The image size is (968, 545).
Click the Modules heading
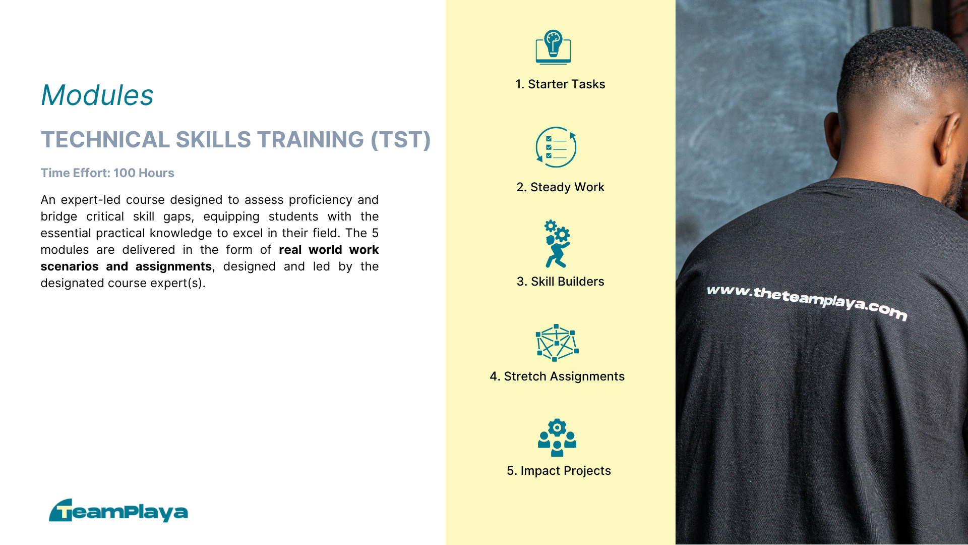point(97,95)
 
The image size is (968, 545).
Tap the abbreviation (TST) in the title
point(401,140)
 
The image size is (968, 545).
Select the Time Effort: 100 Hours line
point(107,173)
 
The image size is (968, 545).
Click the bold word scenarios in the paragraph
point(70,266)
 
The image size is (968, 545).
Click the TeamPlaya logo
point(118,511)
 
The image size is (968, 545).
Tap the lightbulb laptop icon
point(553,47)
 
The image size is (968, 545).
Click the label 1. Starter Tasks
point(560,84)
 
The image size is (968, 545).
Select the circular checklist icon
point(556,147)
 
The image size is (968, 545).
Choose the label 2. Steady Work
point(560,187)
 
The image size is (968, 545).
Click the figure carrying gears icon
point(557,244)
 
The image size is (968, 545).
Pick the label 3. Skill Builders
point(560,282)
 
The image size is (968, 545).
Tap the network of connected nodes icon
point(557,343)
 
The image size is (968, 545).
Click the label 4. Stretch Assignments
point(557,376)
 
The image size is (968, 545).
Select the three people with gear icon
point(557,438)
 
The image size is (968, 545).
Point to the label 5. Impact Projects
point(559,471)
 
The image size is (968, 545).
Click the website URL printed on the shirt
point(807,301)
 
